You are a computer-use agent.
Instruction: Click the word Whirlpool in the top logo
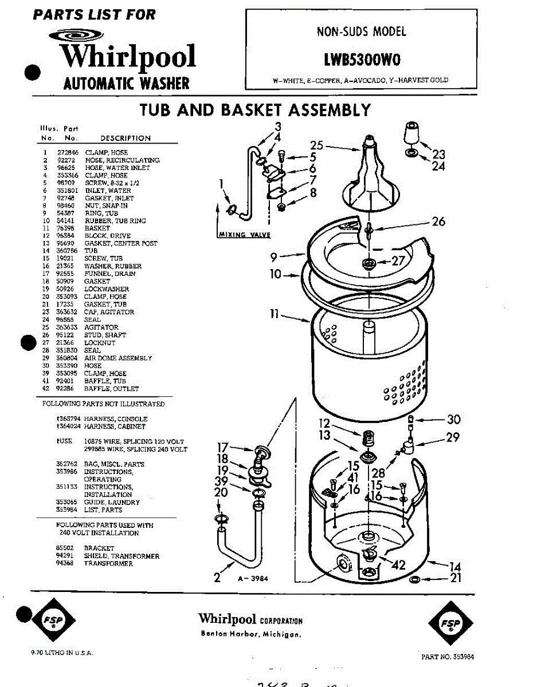[x=128, y=57]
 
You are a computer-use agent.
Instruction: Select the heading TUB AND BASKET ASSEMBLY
[x=255, y=109]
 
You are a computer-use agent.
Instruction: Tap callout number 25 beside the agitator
[x=317, y=146]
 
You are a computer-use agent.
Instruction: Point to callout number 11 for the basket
[x=275, y=314]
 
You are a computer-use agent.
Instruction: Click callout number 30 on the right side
[x=453, y=420]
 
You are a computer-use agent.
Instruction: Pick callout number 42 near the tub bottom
[x=398, y=566]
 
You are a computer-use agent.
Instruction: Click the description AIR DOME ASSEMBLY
[x=118, y=358]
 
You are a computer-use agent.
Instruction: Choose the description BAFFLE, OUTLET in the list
[x=111, y=389]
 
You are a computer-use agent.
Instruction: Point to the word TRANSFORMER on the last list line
[x=108, y=563]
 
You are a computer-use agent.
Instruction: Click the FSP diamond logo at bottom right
[x=450, y=623]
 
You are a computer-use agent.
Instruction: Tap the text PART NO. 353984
[x=448, y=657]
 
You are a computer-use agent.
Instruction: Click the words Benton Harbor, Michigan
[x=251, y=634]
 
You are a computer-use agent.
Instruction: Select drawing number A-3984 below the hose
[x=253, y=579]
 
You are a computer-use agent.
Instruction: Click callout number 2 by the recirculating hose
[x=217, y=578]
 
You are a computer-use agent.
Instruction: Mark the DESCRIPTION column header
[x=126, y=138]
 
